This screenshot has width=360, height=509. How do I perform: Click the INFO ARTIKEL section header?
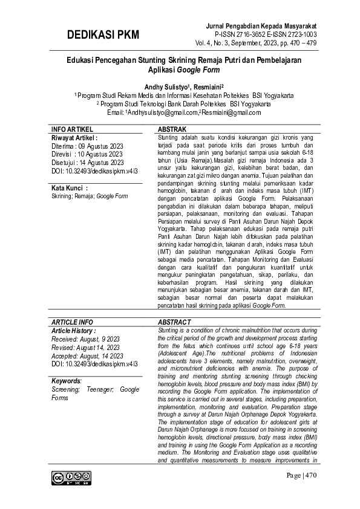pos(72,130)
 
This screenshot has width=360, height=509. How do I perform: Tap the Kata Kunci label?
pos(70,189)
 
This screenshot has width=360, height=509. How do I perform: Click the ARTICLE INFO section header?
pos(72,322)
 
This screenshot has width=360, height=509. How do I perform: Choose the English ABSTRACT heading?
pos(174,322)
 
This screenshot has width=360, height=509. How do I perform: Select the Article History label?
pos(74,331)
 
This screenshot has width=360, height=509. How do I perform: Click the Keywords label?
pos(67,381)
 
